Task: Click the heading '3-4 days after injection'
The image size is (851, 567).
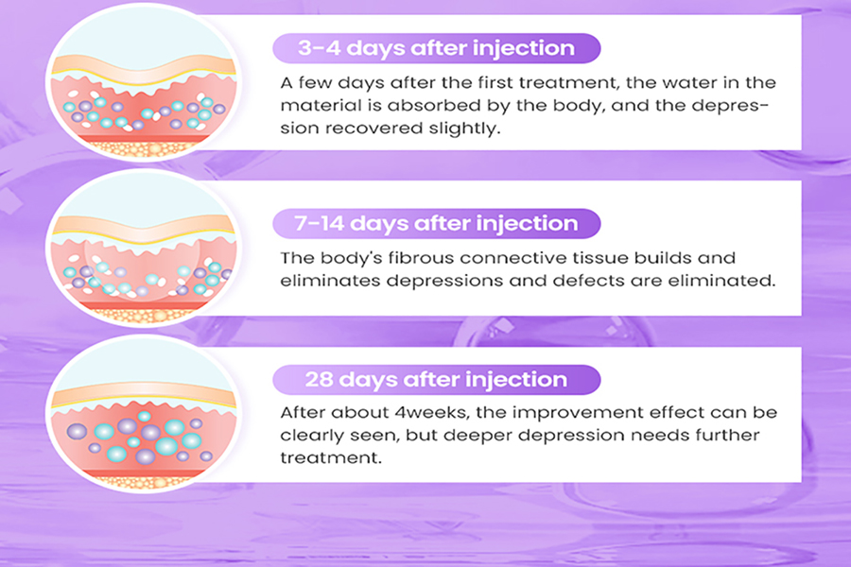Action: [x=436, y=48]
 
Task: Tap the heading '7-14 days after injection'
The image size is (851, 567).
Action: [x=436, y=224]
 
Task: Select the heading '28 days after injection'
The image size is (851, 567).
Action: [x=436, y=379]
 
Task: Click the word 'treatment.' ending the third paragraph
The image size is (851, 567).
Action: [x=331, y=458]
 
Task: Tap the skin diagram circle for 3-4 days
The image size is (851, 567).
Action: [x=144, y=81]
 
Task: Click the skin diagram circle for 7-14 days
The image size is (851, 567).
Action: [x=144, y=249]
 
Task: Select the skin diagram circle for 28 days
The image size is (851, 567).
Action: [x=144, y=414]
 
